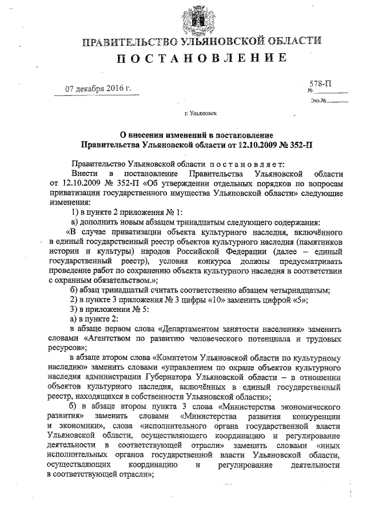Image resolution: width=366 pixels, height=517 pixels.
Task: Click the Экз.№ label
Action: click(x=315, y=101)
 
